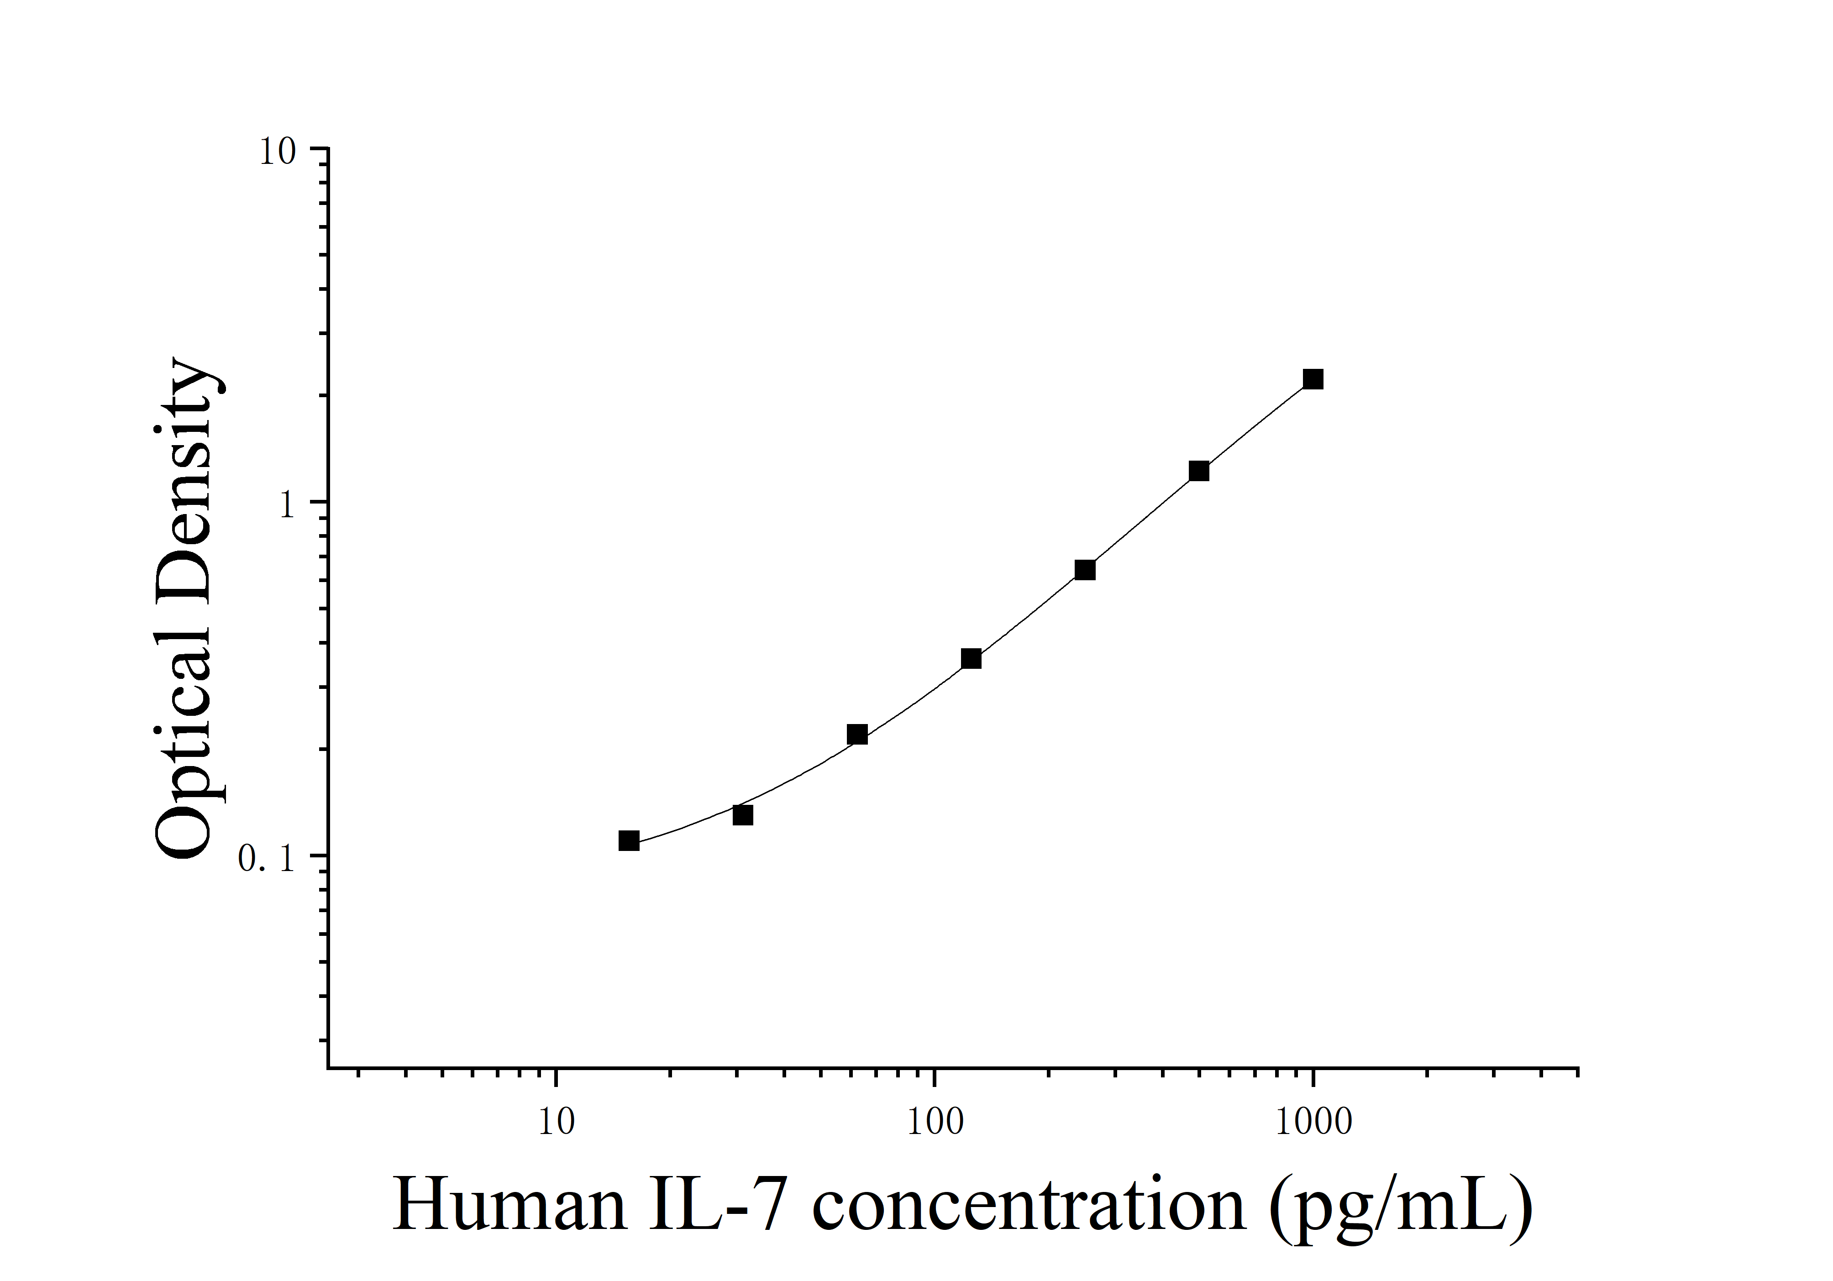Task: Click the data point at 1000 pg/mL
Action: (x=1313, y=379)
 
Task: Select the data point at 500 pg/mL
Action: (x=1198, y=471)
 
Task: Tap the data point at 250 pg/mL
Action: (x=1084, y=570)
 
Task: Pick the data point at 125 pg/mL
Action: (x=971, y=658)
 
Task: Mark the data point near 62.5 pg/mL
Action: (x=856, y=734)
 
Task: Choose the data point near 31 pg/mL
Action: (x=742, y=815)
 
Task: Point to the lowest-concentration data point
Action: (x=628, y=840)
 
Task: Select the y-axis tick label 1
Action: (x=288, y=504)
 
